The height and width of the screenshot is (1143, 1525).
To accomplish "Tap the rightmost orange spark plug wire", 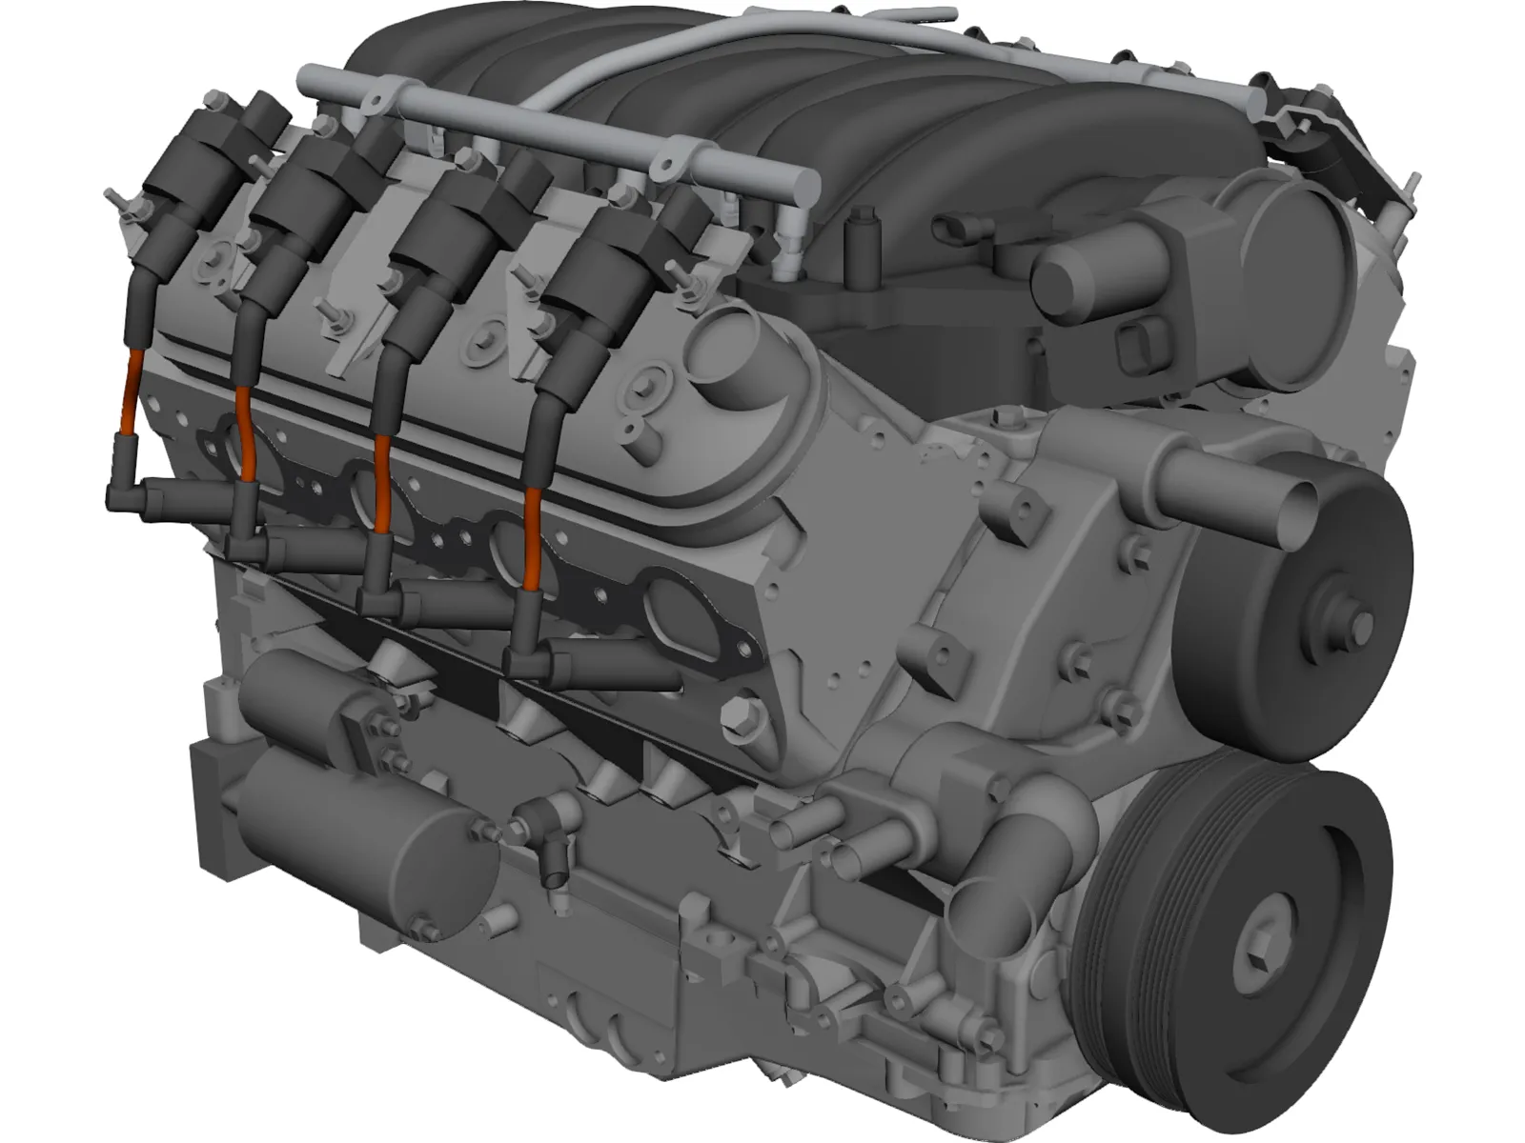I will point(532,552).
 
